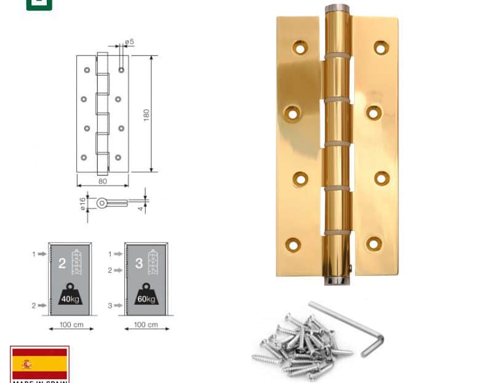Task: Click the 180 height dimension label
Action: pyautogui.click(x=146, y=115)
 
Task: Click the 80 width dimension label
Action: pyautogui.click(x=103, y=181)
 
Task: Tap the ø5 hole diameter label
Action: pyautogui.click(x=129, y=42)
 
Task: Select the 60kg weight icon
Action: pyautogui.click(x=145, y=295)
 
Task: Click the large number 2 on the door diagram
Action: pyautogui.click(x=61, y=264)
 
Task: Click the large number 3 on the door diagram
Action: pyautogui.click(x=139, y=264)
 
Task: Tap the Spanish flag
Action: pyautogui.click(x=39, y=363)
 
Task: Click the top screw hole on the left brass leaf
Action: pyautogui.click(x=300, y=46)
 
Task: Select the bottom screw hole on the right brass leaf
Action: pyautogui.click(x=374, y=244)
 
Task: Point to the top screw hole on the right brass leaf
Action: pyautogui.click(x=379, y=47)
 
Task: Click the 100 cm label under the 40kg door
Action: pyautogui.click(x=71, y=325)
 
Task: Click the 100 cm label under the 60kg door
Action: pyautogui.click(x=146, y=325)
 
